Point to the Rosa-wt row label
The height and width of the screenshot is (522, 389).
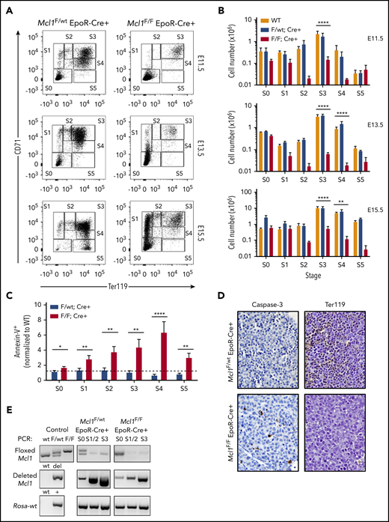25,503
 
